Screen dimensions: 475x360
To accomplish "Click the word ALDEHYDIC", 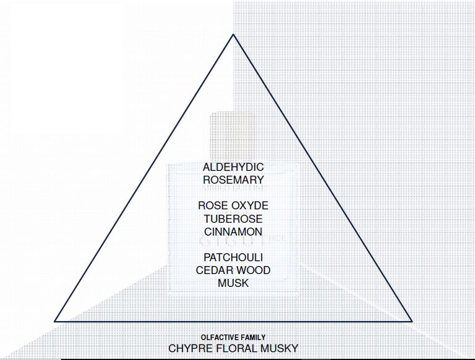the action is coord(233,167).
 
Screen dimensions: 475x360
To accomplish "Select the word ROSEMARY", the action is coord(233,180).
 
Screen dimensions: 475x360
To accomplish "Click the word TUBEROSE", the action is coord(233,219).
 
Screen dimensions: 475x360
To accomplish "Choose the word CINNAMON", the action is coord(233,232).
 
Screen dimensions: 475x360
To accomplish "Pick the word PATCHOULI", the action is coord(233,257).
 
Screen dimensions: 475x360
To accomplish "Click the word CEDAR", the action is coord(213,270).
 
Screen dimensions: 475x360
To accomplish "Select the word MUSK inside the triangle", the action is coord(233,283).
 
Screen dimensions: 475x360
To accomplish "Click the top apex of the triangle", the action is coord(233,34).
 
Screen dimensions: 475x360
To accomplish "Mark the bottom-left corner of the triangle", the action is coord(55,321).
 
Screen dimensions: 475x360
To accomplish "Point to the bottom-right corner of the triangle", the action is coord(412,321).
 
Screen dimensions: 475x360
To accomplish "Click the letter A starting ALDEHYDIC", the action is coord(207,167).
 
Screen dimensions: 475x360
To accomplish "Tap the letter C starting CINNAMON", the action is coord(208,232).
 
